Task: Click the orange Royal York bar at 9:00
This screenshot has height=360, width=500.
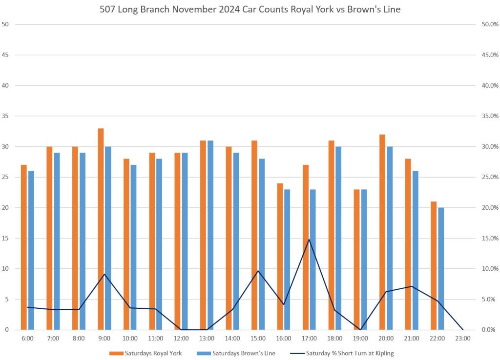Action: (101, 229)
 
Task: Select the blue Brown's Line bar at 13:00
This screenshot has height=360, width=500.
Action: (210, 235)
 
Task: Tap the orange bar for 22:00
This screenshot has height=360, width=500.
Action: (434, 266)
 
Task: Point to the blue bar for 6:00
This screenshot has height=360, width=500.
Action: (31, 250)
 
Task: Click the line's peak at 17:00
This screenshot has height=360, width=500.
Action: (309, 240)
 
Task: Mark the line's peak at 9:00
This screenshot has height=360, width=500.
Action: (104, 274)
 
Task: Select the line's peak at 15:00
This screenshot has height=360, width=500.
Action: (258, 271)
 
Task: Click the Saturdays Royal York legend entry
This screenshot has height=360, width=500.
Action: (146, 353)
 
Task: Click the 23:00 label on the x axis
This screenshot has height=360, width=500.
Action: (462, 338)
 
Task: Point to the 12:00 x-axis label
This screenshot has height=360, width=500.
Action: (181, 338)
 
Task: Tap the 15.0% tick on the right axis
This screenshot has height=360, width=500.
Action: (488, 238)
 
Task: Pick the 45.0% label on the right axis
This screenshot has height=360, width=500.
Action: (488, 55)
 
